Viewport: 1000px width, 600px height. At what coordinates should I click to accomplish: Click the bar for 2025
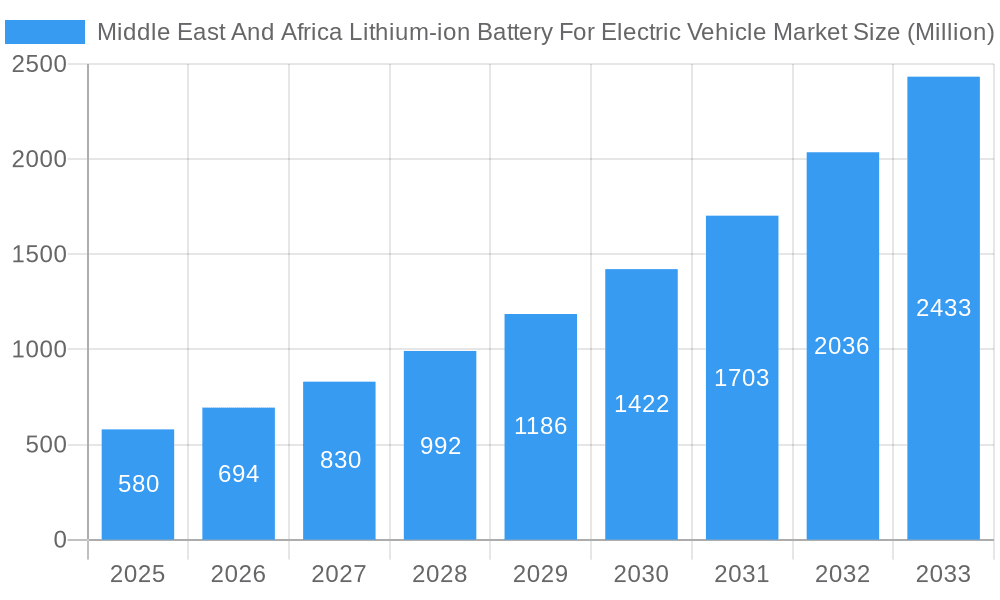click(138, 485)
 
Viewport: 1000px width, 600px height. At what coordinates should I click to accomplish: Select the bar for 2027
click(339, 461)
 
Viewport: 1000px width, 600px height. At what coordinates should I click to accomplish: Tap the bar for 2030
click(641, 405)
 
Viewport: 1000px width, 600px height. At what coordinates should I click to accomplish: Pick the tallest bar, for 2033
click(943, 309)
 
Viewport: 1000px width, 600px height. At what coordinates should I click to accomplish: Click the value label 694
click(239, 474)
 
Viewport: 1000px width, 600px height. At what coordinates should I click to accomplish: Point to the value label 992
click(440, 446)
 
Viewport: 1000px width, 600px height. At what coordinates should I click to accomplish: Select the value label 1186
click(541, 426)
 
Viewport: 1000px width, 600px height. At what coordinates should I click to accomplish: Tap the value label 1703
click(742, 378)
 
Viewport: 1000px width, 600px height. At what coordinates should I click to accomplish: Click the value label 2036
click(842, 346)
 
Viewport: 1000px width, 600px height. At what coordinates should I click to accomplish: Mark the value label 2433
click(943, 308)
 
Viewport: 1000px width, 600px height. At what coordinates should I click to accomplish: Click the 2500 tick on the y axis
click(39, 65)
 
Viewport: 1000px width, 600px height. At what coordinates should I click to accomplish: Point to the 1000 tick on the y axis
click(39, 350)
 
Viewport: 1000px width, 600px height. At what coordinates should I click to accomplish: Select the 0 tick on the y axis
click(59, 540)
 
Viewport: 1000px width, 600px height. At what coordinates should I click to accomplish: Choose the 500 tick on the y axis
click(46, 445)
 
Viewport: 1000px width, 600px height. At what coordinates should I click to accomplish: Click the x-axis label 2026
click(239, 575)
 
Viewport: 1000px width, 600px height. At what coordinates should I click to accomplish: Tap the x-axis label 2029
click(541, 575)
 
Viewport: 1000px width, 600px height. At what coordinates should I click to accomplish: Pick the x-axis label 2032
click(842, 575)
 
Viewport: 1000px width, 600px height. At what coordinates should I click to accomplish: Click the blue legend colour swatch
click(45, 32)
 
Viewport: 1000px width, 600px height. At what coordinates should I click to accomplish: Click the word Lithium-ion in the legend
click(409, 32)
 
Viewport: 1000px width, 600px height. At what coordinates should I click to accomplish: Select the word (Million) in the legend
click(949, 32)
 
